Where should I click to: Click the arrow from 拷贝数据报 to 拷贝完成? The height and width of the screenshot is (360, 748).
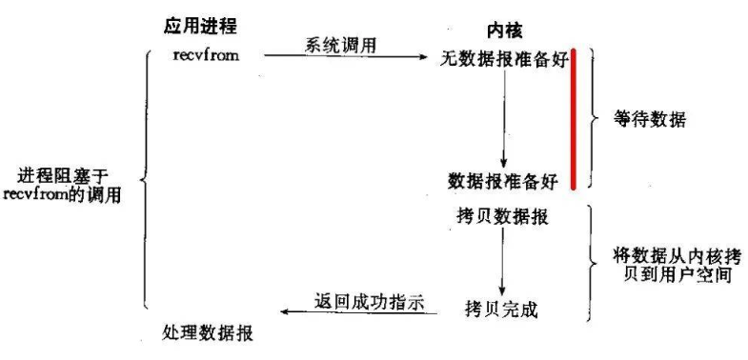pyautogui.click(x=503, y=260)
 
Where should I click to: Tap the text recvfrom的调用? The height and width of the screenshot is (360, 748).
pyautogui.click(x=62, y=196)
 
